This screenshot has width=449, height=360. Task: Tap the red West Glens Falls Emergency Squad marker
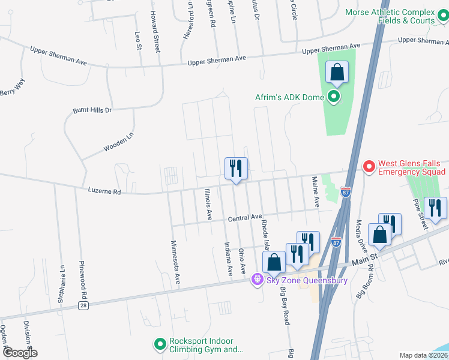click(369, 164)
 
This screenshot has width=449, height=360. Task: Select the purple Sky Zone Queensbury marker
click(258, 279)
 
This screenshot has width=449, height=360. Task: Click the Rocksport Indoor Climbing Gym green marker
click(160, 344)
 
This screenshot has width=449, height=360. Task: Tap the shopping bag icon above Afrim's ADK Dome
click(337, 73)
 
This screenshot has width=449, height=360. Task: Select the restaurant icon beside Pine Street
click(435, 208)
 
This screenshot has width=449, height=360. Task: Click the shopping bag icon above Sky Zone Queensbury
click(274, 262)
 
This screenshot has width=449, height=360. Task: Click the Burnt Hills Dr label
click(92, 110)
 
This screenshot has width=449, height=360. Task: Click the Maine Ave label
click(315, 191)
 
